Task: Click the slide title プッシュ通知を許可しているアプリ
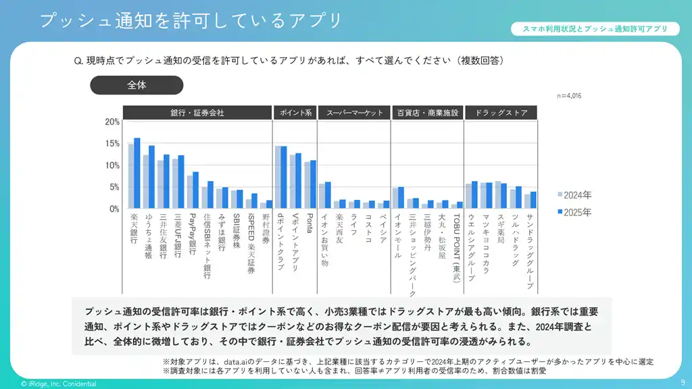191,20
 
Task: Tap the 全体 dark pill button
137,85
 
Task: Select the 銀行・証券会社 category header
197,113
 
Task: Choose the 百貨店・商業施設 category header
426,113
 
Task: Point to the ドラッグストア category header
501,113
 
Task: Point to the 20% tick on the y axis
112,122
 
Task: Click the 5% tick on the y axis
114,187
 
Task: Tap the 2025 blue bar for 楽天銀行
137,174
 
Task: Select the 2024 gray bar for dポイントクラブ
277,177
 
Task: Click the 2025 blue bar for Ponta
313,184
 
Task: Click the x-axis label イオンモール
398,236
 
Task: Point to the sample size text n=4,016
569,96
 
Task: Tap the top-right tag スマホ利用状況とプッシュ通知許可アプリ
595,29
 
